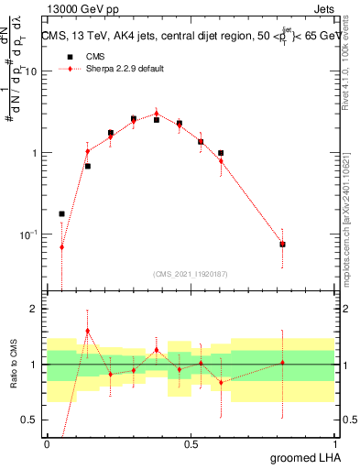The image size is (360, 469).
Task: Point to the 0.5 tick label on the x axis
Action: coord(191,444)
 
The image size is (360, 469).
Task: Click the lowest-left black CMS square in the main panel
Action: coord(62,213)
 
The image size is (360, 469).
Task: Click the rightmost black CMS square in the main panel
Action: coord(282,245)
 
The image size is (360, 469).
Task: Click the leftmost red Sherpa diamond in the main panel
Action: coord(62,247)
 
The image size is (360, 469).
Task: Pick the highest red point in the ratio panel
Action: coord(87,331)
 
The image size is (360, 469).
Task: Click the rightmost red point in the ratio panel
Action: coord(282,363)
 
